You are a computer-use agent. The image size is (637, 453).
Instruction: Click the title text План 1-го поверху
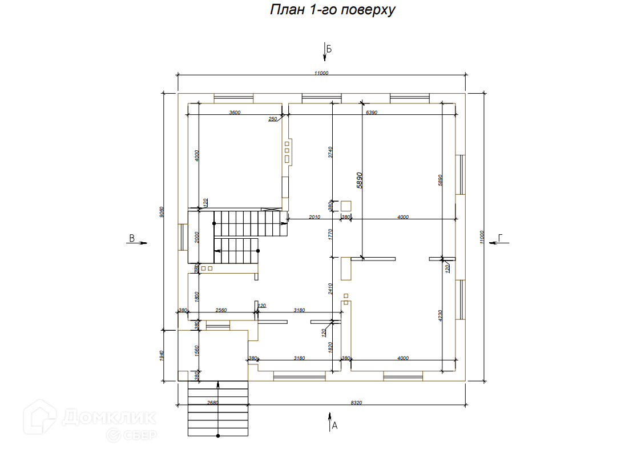pos(333,10)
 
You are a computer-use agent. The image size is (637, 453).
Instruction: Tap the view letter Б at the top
pos(329,49)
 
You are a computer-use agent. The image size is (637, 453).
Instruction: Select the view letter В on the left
pos(131,239)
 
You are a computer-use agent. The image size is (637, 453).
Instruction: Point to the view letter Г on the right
pos(501,238)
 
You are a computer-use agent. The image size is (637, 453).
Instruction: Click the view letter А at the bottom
pos(335,425)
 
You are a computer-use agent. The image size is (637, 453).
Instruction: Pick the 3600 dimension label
pos(234,113)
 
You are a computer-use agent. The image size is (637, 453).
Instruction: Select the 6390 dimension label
pos(372,113)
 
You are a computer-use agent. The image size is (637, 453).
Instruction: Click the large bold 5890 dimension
pos(360,181)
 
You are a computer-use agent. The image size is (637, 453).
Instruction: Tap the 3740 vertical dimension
pos(330,153)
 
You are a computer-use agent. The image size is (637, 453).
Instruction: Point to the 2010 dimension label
pos(315,217)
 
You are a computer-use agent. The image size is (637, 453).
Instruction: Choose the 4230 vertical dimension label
pos(441,316)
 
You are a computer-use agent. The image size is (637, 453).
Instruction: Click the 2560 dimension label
pos(221,310)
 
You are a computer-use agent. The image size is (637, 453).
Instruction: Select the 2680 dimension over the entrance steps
pos(212,403)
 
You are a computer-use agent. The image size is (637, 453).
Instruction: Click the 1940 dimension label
pos(162,355)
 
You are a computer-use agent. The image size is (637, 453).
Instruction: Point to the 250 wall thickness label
pos(272,119)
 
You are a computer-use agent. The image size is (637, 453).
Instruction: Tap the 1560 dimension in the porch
pos(197,350)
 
